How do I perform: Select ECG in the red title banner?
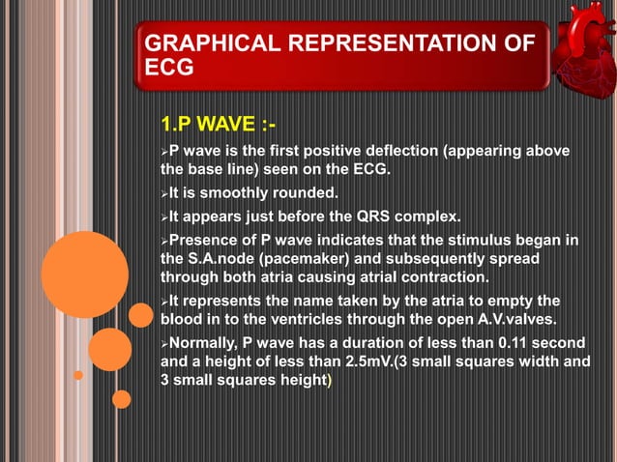tap(167, 69)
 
